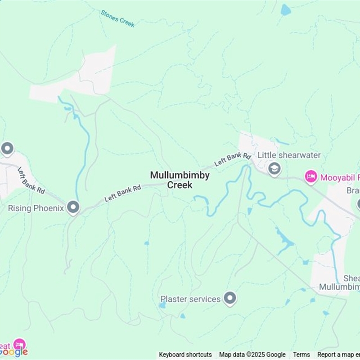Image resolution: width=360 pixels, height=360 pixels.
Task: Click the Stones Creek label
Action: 117,18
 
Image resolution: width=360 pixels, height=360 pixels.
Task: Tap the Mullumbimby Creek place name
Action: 180,180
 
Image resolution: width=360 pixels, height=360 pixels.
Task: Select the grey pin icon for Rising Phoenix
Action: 73,207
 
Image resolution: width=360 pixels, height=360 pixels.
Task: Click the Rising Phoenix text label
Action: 36,208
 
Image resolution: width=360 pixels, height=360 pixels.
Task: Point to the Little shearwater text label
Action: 289,155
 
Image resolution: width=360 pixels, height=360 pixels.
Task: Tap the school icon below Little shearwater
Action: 274,169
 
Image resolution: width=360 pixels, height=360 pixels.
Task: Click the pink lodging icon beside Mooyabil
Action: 310,177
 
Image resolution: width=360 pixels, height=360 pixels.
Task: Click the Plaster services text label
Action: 191,299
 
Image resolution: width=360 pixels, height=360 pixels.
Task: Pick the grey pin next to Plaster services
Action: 230,298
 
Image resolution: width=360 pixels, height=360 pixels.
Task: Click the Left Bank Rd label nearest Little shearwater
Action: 233,159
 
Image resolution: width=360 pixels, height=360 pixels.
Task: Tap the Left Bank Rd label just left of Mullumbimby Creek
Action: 123,193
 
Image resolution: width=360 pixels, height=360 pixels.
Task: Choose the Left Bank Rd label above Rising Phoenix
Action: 31,180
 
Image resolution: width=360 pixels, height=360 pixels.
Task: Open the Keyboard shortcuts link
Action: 185,355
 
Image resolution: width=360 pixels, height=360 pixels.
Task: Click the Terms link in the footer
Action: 301,355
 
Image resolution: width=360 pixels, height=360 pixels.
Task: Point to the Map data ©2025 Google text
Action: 252,355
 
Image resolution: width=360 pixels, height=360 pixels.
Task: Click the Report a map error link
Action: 338,355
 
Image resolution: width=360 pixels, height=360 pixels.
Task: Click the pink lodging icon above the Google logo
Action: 19,345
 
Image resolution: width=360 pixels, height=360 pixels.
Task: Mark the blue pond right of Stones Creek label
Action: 285,10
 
